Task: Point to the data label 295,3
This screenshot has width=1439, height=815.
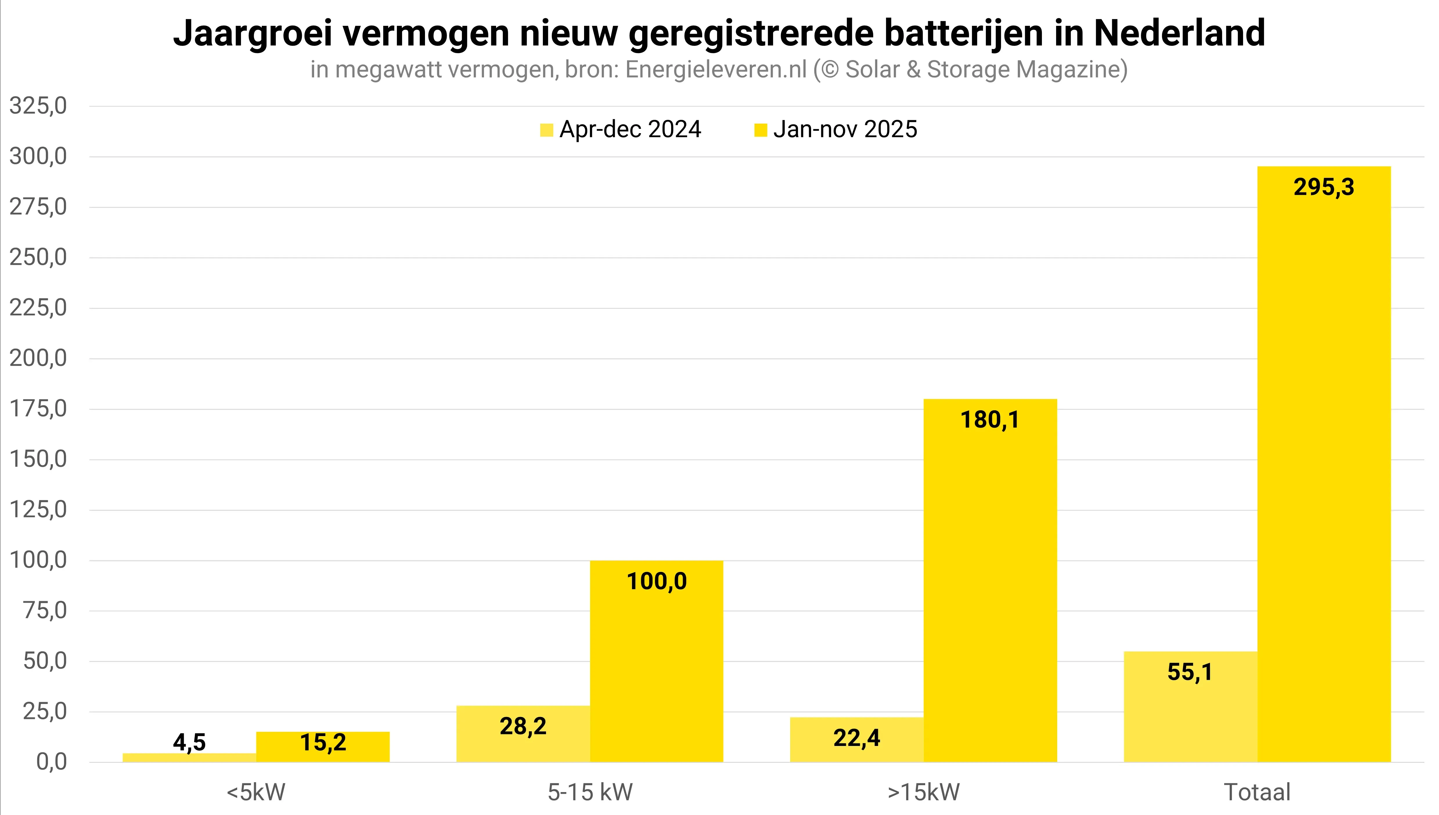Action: [1324, 187]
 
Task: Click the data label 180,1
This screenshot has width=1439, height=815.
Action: [990, 420]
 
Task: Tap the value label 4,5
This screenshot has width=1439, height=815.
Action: [189, 742]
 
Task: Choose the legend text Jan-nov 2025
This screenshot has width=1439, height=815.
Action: [845, 129]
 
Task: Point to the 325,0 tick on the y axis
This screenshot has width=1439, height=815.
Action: [38, 106]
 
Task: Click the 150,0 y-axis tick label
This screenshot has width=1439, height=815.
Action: [38, 460]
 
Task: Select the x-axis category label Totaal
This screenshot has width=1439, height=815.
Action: [1257, 792]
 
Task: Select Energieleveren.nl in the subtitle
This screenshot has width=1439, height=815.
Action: [716, 69]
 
